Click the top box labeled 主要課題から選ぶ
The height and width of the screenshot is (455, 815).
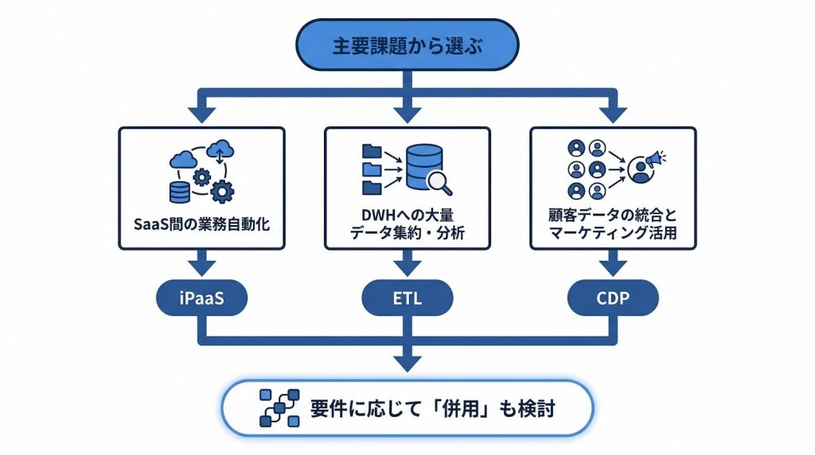pyautogui.click(x=407, y=45)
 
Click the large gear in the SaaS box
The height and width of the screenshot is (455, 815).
pyautogui.click(x=224, y=191)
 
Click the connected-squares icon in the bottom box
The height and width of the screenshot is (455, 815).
pyautogui.click(x=279, y=408)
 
